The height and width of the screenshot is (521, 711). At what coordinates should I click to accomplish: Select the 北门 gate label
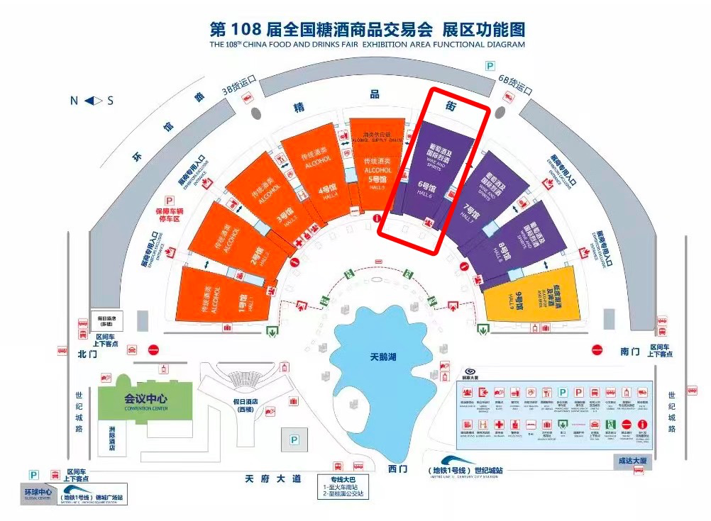click(87, 352)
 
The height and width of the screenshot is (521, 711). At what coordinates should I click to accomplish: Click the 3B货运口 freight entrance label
click(238, 87)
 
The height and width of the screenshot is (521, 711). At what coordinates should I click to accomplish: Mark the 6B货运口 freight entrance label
click(515, 88)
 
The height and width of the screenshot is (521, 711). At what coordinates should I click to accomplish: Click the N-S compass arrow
click(93, 101)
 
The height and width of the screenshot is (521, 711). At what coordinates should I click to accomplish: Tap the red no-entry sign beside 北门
click(153, 349)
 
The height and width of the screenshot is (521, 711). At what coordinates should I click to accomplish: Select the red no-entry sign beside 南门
click(597, 350)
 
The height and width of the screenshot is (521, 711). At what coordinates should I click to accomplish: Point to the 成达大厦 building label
click(633, 461)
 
